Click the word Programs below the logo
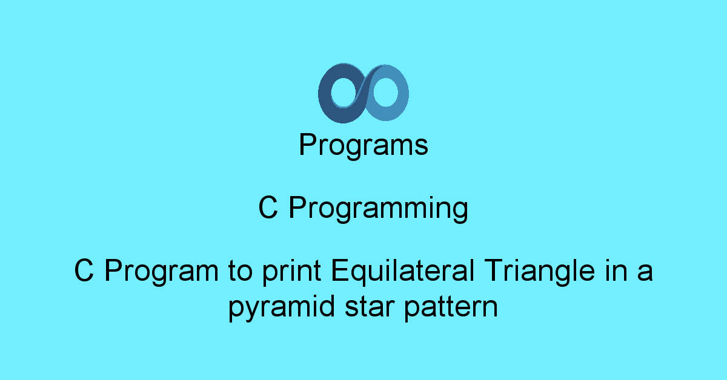(x=363, y=145)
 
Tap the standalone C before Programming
(x=268, y=208)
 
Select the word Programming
(x=379, y=209)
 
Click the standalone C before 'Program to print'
(x=84, y=270)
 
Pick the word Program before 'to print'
(x=162, y=272)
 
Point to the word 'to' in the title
(x=240, y=271)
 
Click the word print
(x=292, y=272)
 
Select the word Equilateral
(x=403, y=272)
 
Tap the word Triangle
(x=539, y=272)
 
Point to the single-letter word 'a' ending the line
(x=645, y=274)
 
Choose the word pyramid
(x=282, y=308)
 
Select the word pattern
(x=451, y=308)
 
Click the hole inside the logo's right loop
(x=385, y=93)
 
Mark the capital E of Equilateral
(x=340, y=270)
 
